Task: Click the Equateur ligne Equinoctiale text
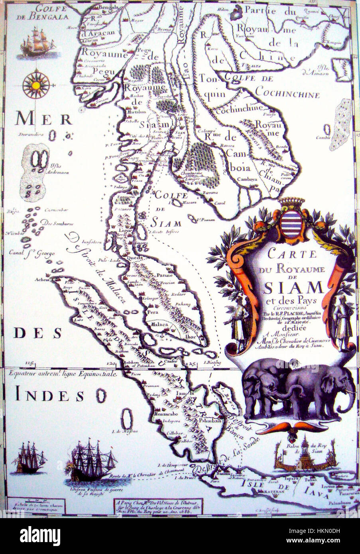(60, 375)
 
